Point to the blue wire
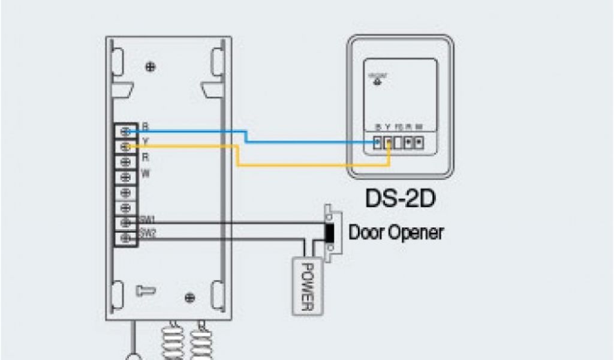pos(300,142)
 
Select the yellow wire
pos(300,164)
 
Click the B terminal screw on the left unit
pos(127,131)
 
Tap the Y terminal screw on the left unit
pos(127,146)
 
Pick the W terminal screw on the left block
pos(127,177)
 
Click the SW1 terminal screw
pos(127,223)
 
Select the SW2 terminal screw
pos(127,238)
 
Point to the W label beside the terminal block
pos(145,174)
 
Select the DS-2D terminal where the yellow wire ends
pos(389,143)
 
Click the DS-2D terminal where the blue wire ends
pos(378,143)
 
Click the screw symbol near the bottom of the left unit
pos(189,297)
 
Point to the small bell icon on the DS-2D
pos(377,82)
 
